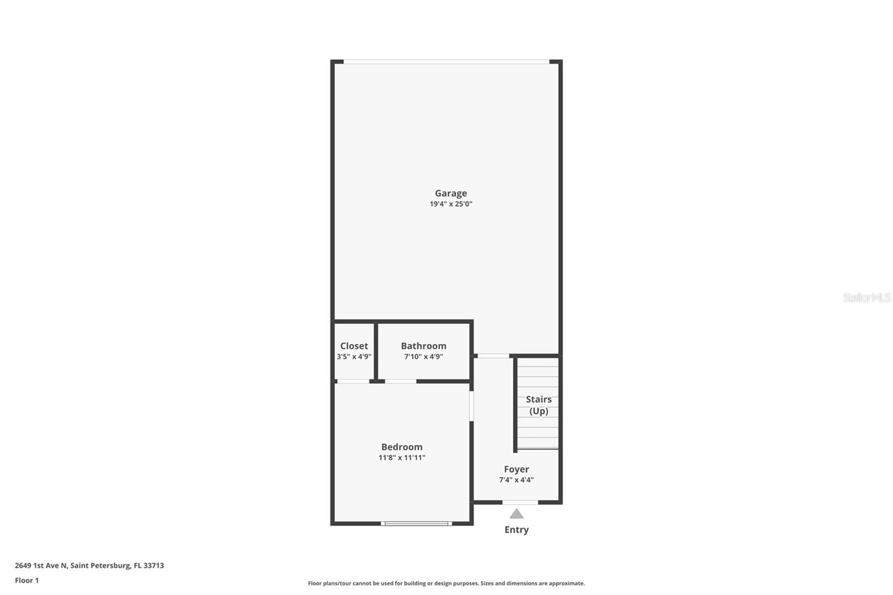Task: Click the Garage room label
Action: click(451, 193)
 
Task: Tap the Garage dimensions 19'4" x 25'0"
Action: click(451, 204)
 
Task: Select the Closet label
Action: click(354, 346)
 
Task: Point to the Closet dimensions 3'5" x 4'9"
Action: click(354, 357)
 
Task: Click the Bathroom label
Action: click(424, 346)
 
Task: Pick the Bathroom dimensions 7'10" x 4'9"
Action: click(424, 357)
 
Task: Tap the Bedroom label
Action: click(402, 447)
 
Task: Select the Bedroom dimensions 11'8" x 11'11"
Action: click(402, 458)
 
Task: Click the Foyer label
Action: click(516, 469)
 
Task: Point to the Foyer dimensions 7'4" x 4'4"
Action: click(516, 480)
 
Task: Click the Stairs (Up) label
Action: click(539, 405)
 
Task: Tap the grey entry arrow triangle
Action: click(517, 514)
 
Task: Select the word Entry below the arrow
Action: click(516, 530)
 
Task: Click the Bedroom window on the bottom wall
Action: click(416, 524)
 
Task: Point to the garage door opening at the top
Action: click(446, 61)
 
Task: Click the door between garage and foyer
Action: click(493, 356)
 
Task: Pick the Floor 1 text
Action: click(27, 580)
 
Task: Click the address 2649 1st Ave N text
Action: click(89, 565)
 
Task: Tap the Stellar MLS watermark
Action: click(866, 297)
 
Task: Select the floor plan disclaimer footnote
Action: click(446, 583)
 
